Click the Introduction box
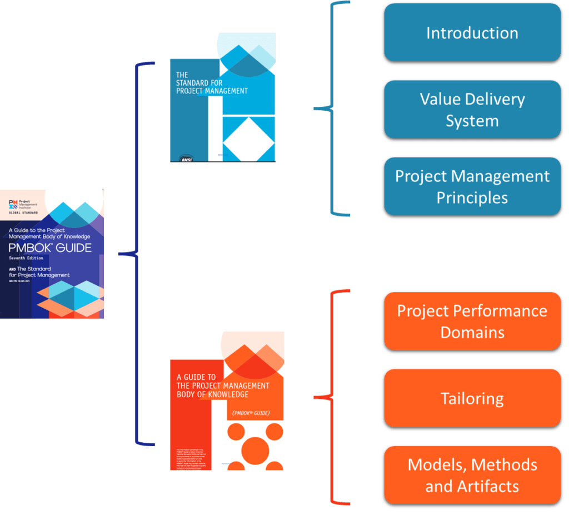[x=472, y=33]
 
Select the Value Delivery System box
[x=472, y=110]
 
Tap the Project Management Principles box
[x=472, y=186]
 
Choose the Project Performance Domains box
[x=472, y=322]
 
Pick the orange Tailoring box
[x=472, y=398]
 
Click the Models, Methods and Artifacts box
[x=472, y=475]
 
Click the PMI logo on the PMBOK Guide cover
[x=13, y=204]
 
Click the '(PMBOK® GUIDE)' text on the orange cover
[x=250, y=413]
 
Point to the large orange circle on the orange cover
[x=256, y=451]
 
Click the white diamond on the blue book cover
[x=248, y=139]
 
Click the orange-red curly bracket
[x=332, y=397]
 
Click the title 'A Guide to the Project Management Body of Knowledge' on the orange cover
[x=222, y=385]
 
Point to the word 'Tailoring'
[x=472, y=398]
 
